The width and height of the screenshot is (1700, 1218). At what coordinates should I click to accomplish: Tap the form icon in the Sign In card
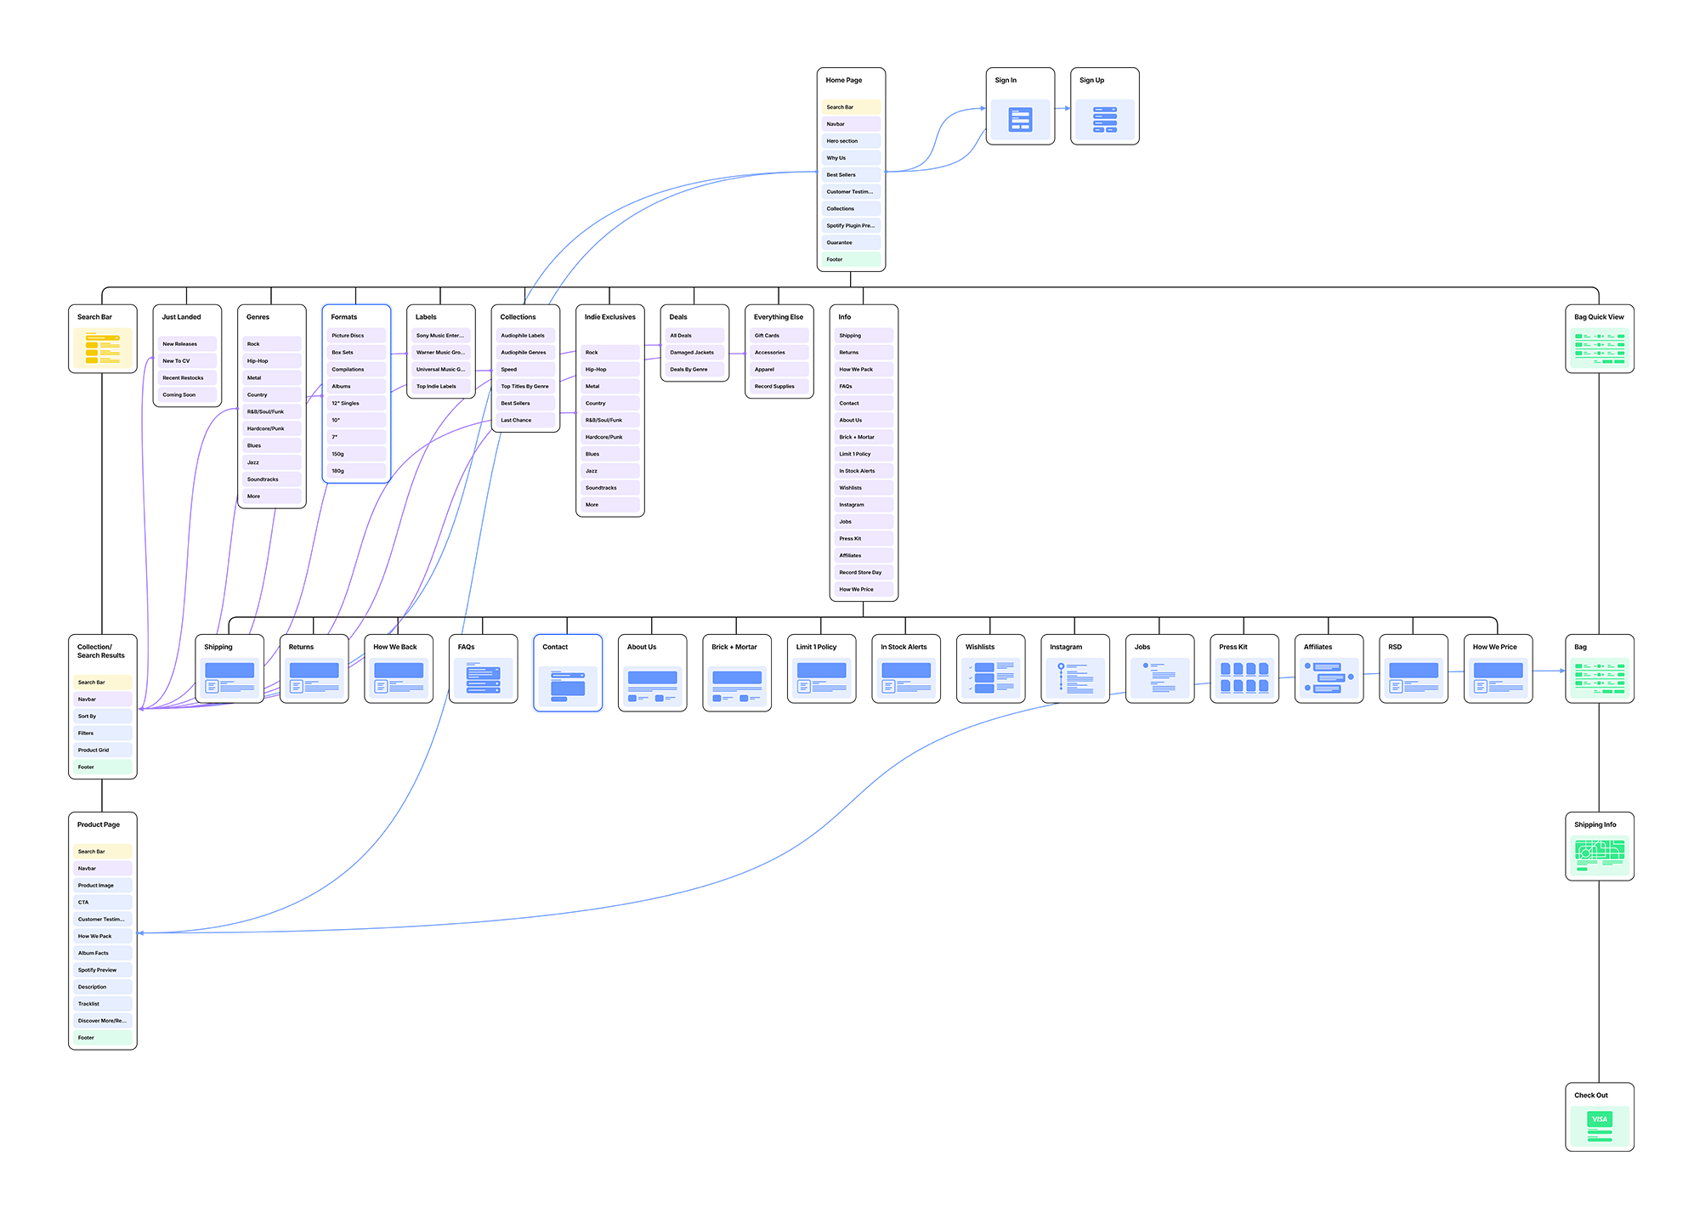pyautogui.click(x=1020, y=120)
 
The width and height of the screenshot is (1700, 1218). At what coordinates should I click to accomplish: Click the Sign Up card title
pyautogui.click(x=1092, y=81)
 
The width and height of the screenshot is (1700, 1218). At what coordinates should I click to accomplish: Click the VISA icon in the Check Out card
pyautogui.click(x=1600, y=1119)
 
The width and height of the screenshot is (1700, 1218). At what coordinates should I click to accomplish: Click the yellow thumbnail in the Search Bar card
pyautogui.click(x=103, y=348)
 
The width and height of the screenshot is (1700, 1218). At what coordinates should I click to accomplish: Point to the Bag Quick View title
pyautogui.click(x=1599, y=317)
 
